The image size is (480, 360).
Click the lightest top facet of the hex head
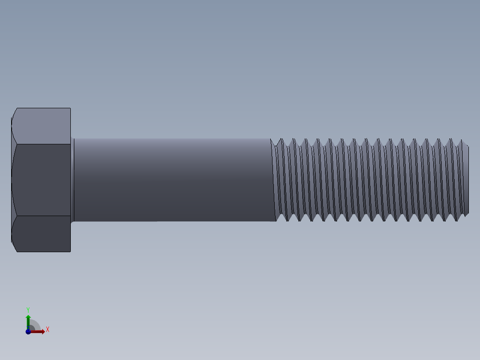(42, 126)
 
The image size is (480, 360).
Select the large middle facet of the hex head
(42, 180)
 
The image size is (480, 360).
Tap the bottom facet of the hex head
(42, 234)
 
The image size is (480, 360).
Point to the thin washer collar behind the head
(72, 180)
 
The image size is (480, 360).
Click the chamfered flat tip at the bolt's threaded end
(467, 180)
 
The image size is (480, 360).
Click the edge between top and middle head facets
(42, 144)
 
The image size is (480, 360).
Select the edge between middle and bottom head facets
(42, 216)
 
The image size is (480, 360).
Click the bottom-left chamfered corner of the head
(14, 247)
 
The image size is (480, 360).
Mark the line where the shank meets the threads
(273, 180)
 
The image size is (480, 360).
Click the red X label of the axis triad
(48, 330)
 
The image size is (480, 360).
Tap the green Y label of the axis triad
(28, 309)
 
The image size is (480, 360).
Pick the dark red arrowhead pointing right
(42, 331)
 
